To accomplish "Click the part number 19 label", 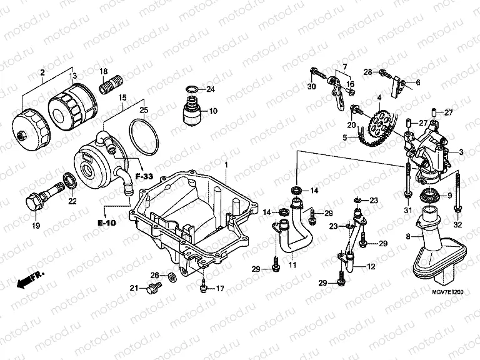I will pos(36,225).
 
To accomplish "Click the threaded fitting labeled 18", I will pos(111,84).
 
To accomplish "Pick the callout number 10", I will pos(213,111).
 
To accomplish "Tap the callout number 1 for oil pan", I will pos(226,164).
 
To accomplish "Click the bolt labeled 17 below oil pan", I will pos(204,287).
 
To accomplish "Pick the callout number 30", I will pos(311,86).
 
